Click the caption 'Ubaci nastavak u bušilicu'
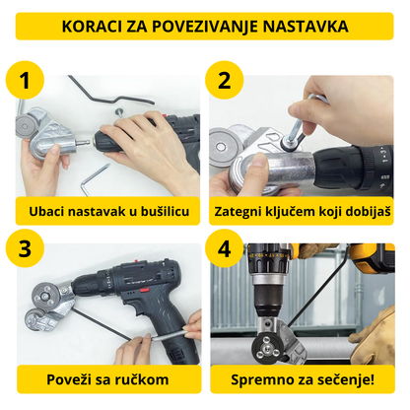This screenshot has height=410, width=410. click(102, 210)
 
